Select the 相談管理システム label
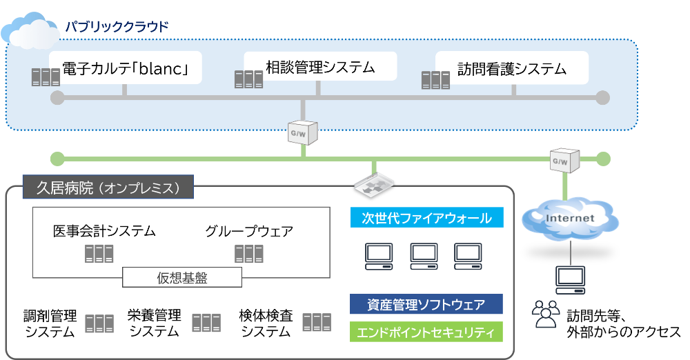point(320,67)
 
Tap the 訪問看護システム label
point(512,69)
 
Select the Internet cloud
point(569,218)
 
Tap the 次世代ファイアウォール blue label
point(426,219)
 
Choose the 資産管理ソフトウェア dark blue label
point(426,304)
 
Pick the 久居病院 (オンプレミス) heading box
point(108,188)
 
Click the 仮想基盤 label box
point(182,278)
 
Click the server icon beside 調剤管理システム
point(99,323)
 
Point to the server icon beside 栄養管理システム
point(206,323)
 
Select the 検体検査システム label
point(266,323)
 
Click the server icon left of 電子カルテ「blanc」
point(46,77)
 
